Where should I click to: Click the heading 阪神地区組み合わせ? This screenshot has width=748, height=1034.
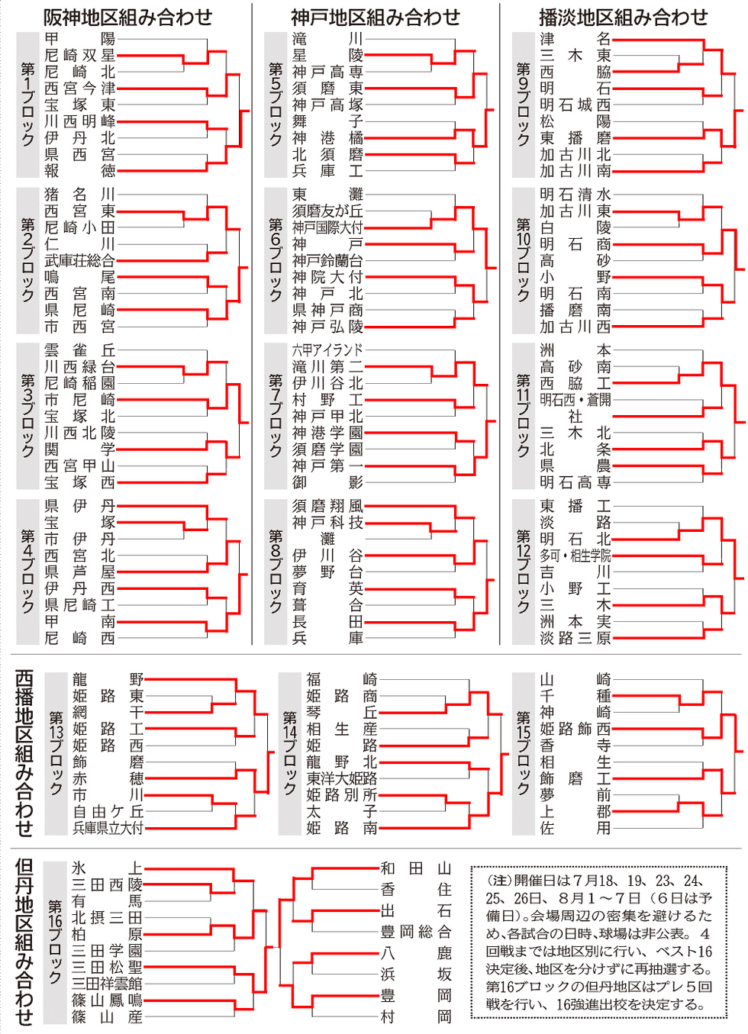tap(127, 18)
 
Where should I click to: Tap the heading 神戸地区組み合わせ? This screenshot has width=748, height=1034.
tap(376, 18)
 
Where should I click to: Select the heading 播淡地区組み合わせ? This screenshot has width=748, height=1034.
tap(624, 18)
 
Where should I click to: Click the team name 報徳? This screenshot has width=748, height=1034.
tap(79, 171)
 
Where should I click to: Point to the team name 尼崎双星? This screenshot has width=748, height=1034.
tap(79, 56)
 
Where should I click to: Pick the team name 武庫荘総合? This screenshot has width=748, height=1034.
tap(79, 261)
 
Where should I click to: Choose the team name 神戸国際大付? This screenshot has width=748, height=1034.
tap(327, 227)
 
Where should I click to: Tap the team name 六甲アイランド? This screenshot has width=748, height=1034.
tap(327, 350)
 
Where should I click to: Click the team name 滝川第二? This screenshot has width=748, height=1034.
tap(327, 367)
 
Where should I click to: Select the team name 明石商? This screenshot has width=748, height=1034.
tap(576, 244)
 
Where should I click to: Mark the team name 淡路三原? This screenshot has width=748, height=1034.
tap(576, 638)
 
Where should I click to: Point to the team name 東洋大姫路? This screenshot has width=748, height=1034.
tap(342, 778)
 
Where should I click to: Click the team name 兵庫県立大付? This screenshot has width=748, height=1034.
tap(108, 828)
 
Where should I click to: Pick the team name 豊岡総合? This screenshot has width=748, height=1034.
tap(415, 932)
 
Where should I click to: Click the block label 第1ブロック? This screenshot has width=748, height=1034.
tap(27, 105)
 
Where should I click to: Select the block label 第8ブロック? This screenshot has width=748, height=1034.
tap(276, 572)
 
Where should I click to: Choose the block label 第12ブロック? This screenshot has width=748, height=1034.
tap(524, 572)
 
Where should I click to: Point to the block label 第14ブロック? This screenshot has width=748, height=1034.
tap(290, 753)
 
